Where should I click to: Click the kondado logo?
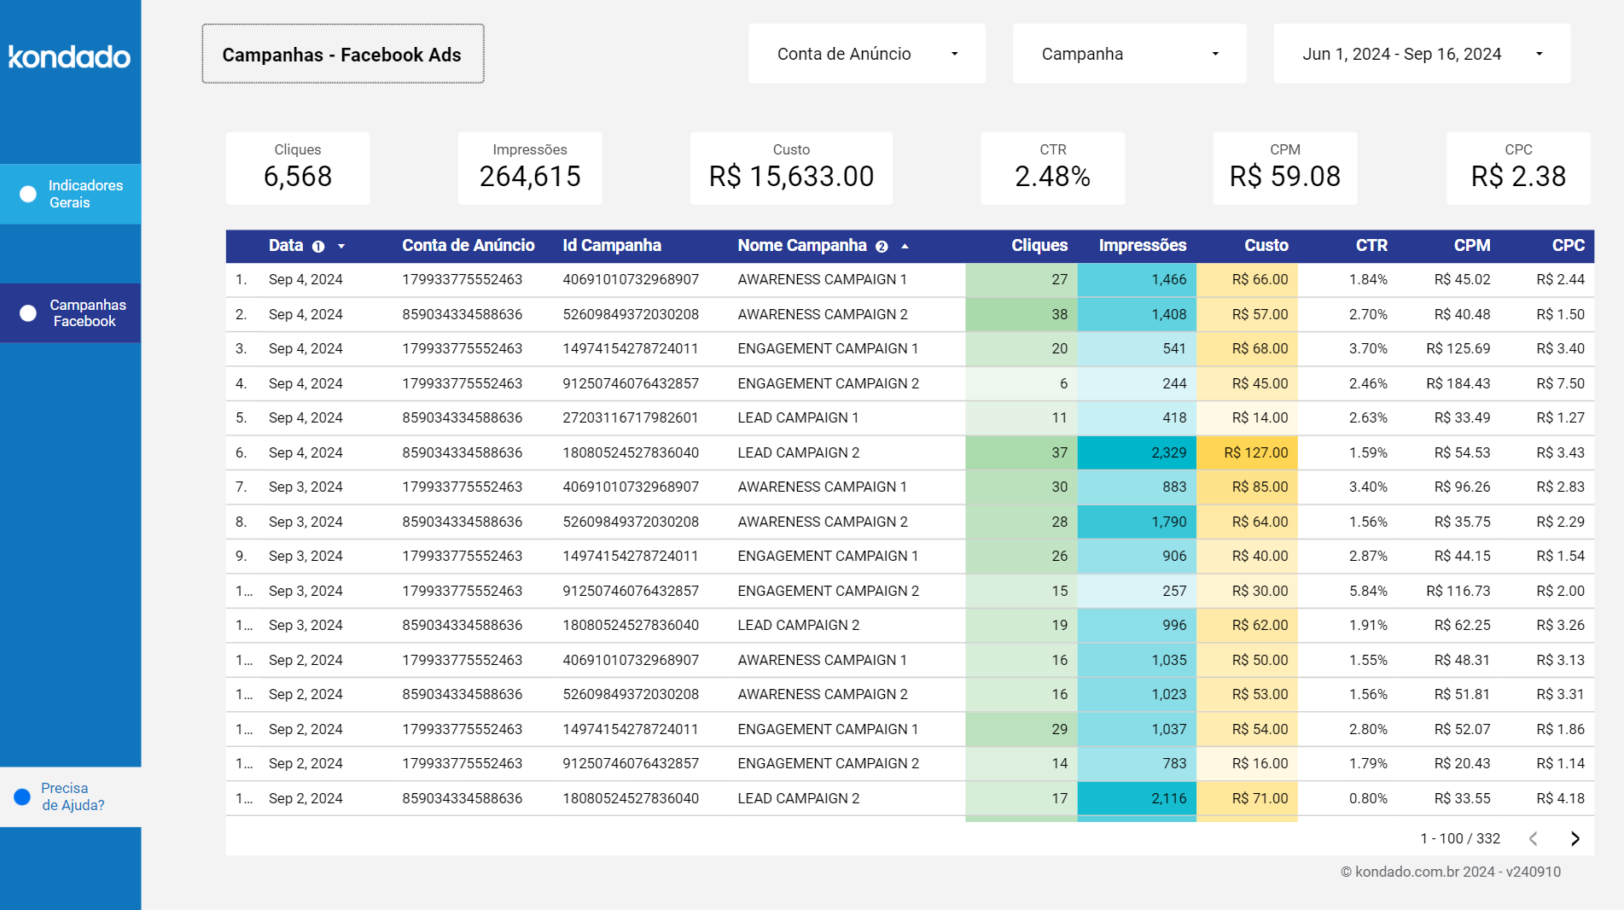69,56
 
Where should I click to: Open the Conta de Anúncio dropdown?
866,54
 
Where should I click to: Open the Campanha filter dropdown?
1128,54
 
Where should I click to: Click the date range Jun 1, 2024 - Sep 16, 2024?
1421,54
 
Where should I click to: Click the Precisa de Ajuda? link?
72,796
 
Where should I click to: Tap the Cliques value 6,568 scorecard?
297,177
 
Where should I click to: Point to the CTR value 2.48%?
1052,177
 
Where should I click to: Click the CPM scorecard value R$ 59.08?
1284,177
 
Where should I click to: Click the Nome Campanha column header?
801,246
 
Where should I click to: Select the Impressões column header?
1142,246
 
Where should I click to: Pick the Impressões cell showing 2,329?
1168,452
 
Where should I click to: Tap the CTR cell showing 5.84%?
1368,591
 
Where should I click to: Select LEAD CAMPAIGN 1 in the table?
798,417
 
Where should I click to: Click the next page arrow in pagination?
1575,838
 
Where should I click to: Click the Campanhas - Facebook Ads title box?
342,54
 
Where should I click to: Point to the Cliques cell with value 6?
1062,383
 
